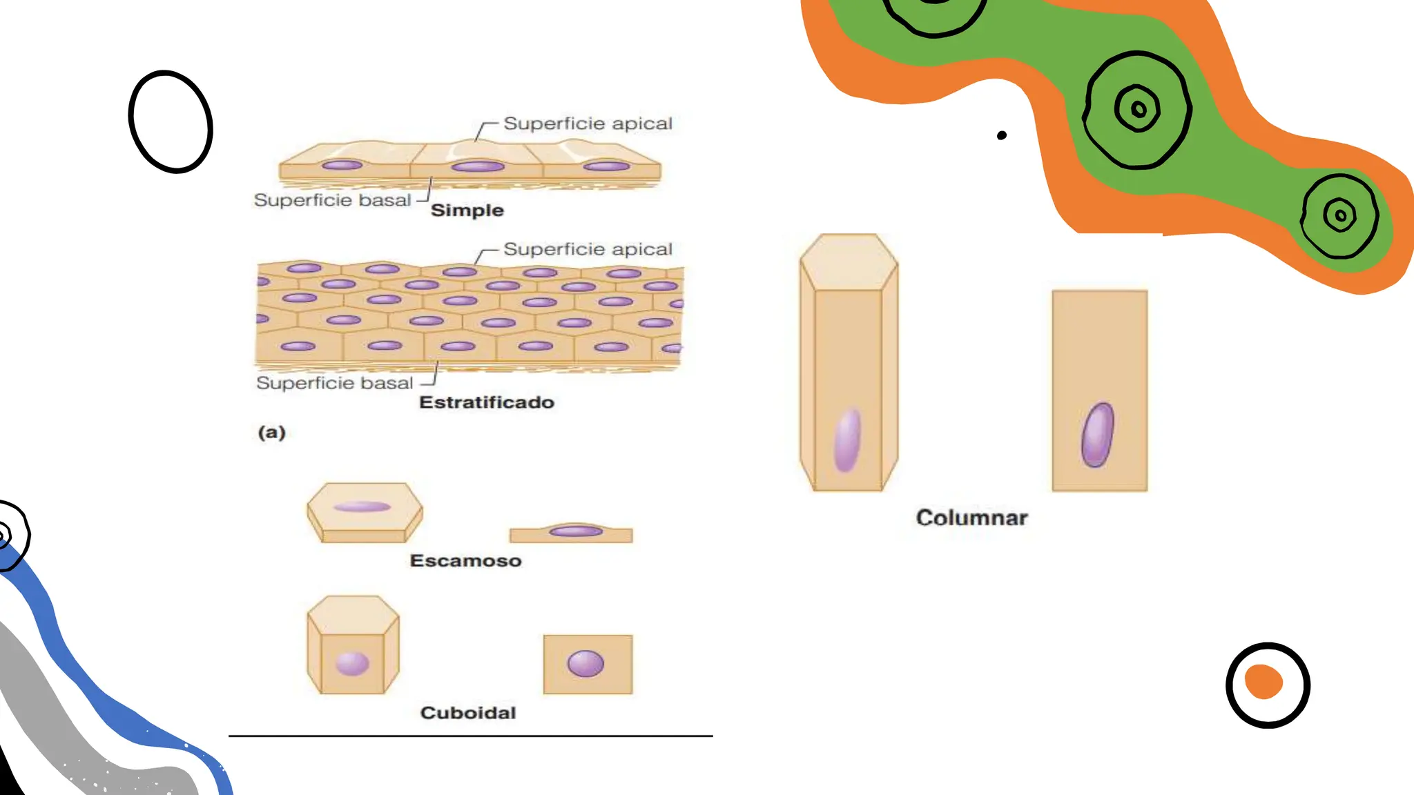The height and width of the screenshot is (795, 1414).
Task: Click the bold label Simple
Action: point(467,210)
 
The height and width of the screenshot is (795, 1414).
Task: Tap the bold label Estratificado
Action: point(487,402)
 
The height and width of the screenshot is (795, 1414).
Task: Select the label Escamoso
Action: point(465,560)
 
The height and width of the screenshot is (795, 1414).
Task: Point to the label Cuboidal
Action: point(468,713)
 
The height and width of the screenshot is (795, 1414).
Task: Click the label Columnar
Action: point(971,518)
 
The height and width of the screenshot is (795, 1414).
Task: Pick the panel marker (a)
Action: point(271,433)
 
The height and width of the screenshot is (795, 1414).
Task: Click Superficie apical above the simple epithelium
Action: point(588,124)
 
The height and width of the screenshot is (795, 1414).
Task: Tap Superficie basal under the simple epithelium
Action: point(332,200)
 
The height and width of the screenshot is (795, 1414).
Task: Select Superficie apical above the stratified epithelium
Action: point(588,249)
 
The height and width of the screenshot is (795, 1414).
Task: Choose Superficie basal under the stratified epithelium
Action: point(334,383)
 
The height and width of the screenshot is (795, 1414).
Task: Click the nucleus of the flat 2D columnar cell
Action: point(1097,435)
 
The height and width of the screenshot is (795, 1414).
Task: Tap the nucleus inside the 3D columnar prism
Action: point(847,440)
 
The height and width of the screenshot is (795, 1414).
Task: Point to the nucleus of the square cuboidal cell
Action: point(585,663)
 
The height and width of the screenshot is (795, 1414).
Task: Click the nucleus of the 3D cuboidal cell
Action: point(352,663)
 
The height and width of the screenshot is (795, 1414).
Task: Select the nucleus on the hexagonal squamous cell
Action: point(362,507)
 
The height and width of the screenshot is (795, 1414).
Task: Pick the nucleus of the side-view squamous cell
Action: point(576,531)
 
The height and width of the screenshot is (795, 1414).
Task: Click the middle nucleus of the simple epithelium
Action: point(478,166)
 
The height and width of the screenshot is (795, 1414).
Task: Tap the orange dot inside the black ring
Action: point(1263,682)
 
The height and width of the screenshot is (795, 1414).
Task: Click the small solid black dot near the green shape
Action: point(1002,135)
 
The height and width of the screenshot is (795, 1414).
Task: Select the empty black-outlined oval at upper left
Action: point(171,121)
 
